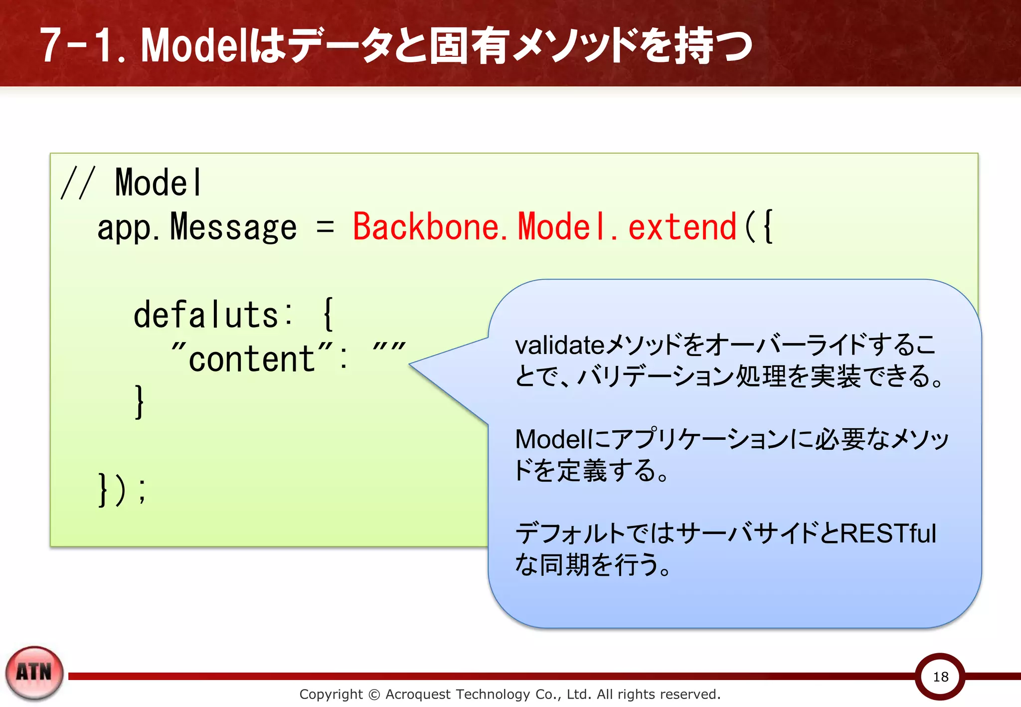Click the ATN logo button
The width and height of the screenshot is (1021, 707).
[x=34, y=673]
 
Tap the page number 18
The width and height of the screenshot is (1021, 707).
[x=940, y=677]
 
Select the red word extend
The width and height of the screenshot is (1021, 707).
[x=681, y=227]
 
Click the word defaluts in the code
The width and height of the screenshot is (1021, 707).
[x=205, y=315]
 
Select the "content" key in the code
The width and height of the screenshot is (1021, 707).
[x=252, y=358]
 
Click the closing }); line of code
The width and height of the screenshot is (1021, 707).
[x=122, y=490]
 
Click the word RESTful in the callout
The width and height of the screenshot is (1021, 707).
[x=888, y=533]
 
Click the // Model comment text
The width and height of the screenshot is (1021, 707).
[x=132, y=182]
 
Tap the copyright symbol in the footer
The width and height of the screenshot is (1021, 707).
[x=374, y=694]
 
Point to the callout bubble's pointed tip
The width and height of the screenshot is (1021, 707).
[x=410, y=364]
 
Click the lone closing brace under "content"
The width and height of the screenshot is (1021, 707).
[x=140, y=402]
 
